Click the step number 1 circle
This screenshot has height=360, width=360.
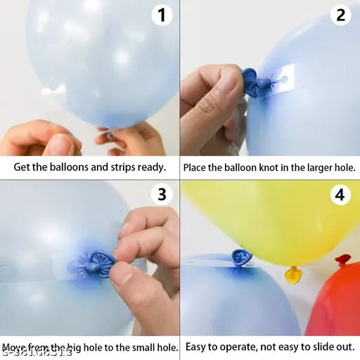(x=162, y=15)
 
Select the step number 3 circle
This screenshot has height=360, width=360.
(x=162, y=195)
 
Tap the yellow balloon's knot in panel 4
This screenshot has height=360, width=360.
(x=293, y=274)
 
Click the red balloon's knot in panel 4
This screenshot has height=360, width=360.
(x=343, y=260)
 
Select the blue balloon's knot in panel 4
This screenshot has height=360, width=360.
(x=238, y=258)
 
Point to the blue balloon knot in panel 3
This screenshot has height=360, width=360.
(x=90, y=265)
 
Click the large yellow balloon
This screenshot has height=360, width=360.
(x=274, y=218)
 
